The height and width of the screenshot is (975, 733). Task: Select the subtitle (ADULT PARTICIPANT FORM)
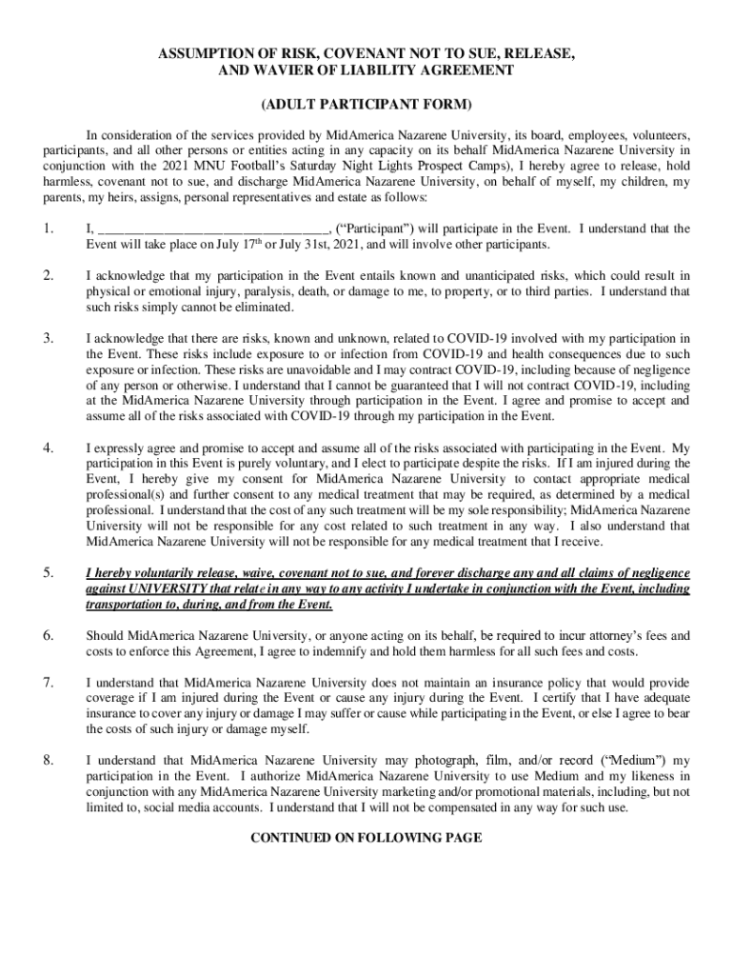click(366, 103)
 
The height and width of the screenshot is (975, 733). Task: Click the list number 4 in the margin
click(48, 448)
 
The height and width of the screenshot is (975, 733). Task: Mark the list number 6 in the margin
click(48, 635)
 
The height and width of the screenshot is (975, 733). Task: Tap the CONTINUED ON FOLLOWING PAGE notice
click(366, 838)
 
